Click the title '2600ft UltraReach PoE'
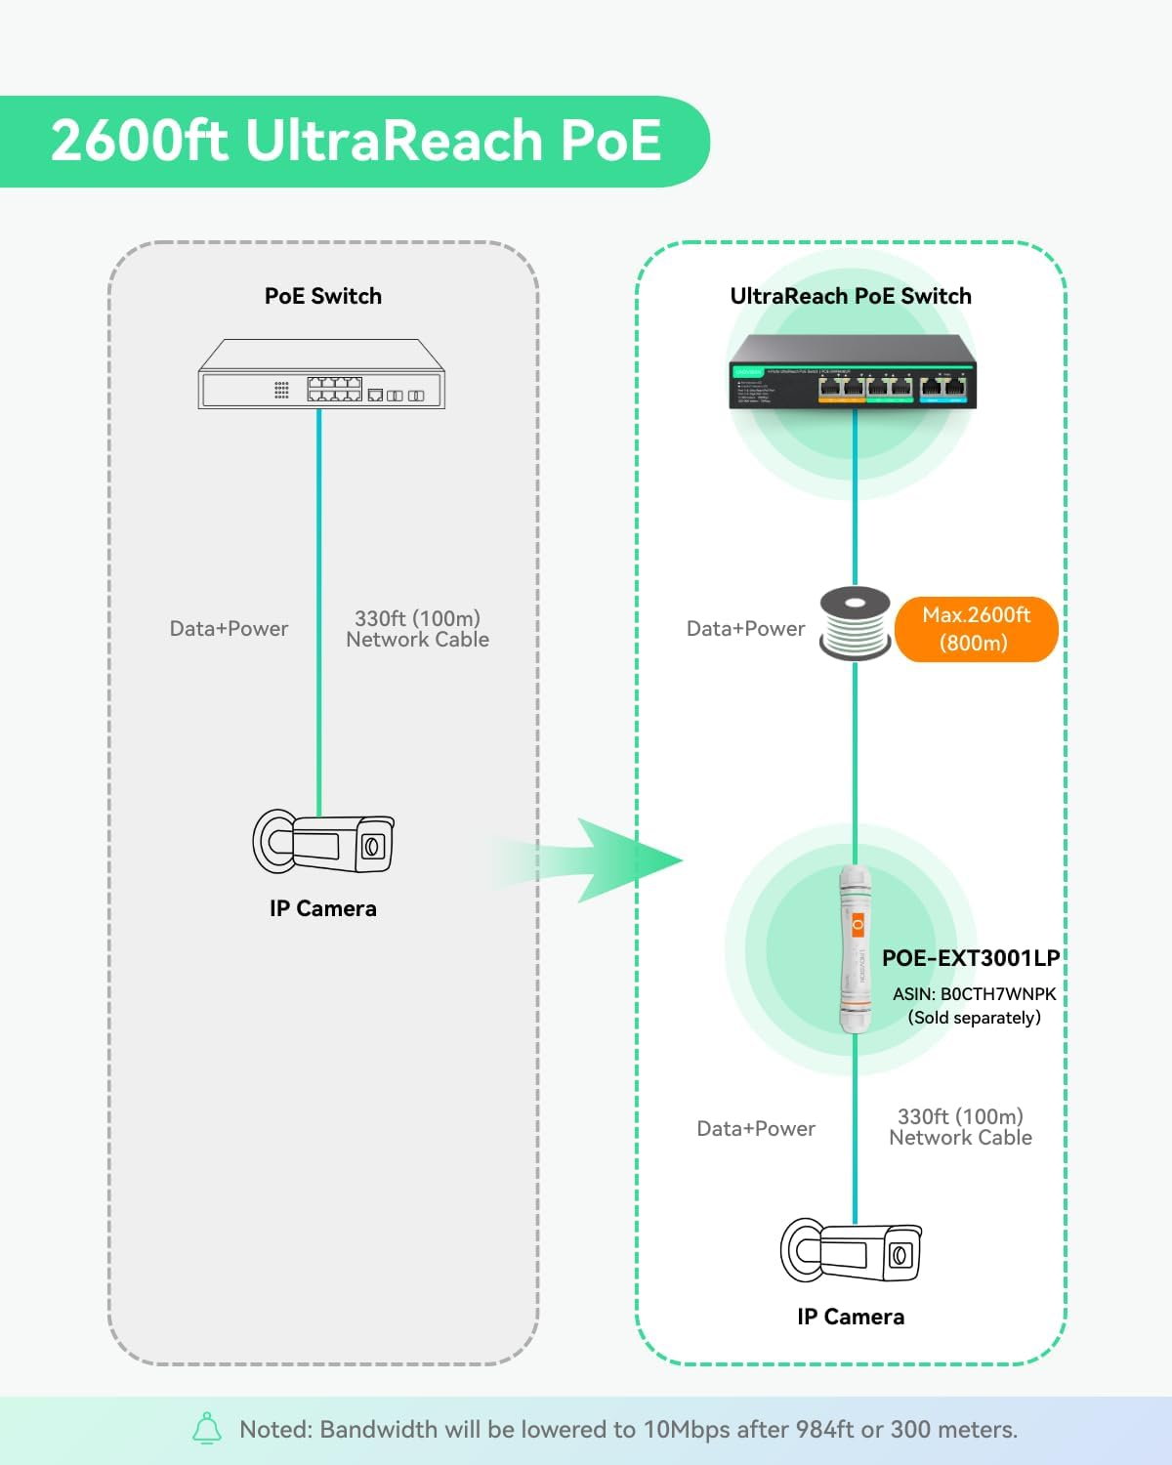pyautogui.click(x=356, y=141)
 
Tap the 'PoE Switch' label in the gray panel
pyautogui.click(x=322, y=296)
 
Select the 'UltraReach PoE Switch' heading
pyautogui.click(x=850, y=296)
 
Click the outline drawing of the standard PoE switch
pyautogui.click(x=321, y=375)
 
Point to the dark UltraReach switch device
pyautogui.click(x=852, y=372)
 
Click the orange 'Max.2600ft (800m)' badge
pyautogui.click(x=976, y=629)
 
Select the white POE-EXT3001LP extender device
pyautogui.click(x=855, y=949)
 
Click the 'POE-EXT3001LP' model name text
pyautogui.click(x=970, y=958)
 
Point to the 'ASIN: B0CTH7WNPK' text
pyautogui.click(x=974, y=994)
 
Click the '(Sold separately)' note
pyautogui.click(x=974, y=1018)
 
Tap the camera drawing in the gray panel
pyautogui.click(x=323, y=842)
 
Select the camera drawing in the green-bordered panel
pyautogui.click(x=851, y=1251)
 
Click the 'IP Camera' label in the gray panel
pyautogui.click(x=322, y=908)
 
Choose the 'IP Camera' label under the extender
pyautogui.click(x=850, y=1317)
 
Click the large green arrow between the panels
pyautogui.click(x=606, y=860)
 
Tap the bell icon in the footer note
pyautogui.click(x=207, y=1429)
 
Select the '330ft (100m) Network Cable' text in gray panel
pyautogui.click(x=417, y=629)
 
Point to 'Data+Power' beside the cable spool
pyautogui.click(x=745, y=629)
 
